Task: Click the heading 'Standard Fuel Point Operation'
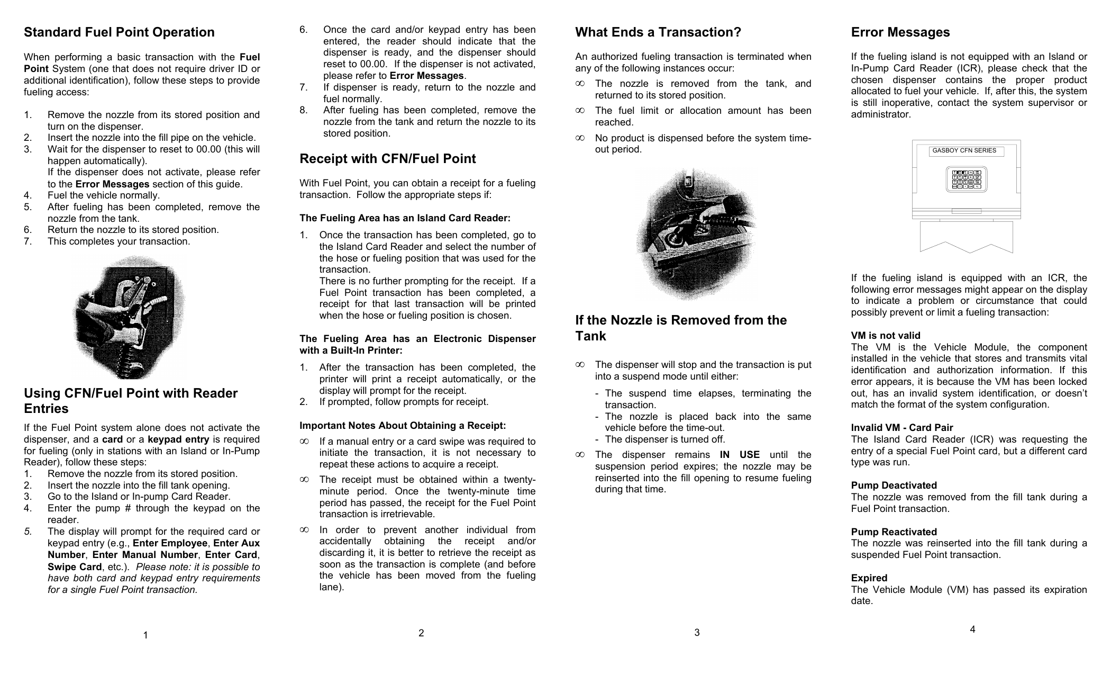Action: (x=119, y=32)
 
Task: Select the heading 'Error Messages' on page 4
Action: (x=900, y=32)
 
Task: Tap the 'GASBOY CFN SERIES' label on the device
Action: (x=964, y=151)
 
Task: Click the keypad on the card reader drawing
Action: (x=966, y=179)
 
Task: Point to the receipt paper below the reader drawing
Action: (x=966, y=236)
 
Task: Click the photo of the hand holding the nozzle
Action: (x=129, y=317)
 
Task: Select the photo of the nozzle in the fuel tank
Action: (x=695, y=234)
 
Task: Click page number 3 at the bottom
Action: (x=697, y=633)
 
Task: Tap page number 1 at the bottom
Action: (x=145, y=635)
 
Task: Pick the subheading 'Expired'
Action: (x=869, y=578)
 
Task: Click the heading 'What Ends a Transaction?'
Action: (x=658, y=32)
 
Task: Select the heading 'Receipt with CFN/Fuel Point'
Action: (x=387, y=159)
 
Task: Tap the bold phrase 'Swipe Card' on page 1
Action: (x=74, y=567)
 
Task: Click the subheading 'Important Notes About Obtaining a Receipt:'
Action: (x=402, y=426)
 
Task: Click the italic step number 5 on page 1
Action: (x=27, y=532)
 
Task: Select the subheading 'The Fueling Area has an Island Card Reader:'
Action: (x=405, y=218)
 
